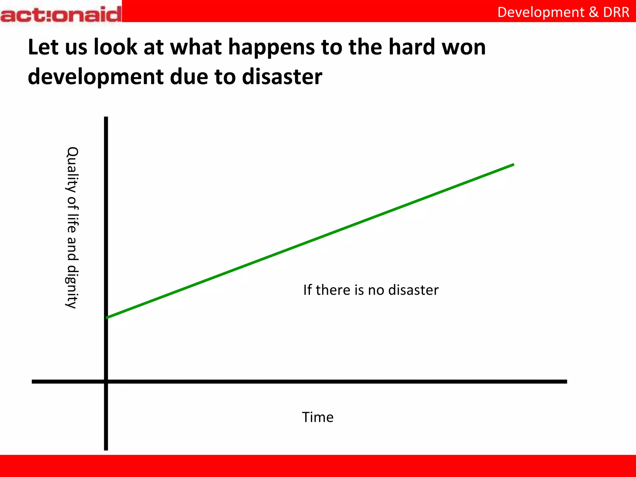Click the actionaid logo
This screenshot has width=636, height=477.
[61, 14]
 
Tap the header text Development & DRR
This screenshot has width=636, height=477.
[563, 12]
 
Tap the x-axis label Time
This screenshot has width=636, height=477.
[318, 417]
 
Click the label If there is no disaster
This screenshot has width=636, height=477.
[371, 290]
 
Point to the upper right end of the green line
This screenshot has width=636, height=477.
[513, 165]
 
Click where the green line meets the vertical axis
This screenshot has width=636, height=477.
[107, 317]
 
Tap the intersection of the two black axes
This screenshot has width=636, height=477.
[106, 381]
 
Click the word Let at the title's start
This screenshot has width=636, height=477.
[43, 47]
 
